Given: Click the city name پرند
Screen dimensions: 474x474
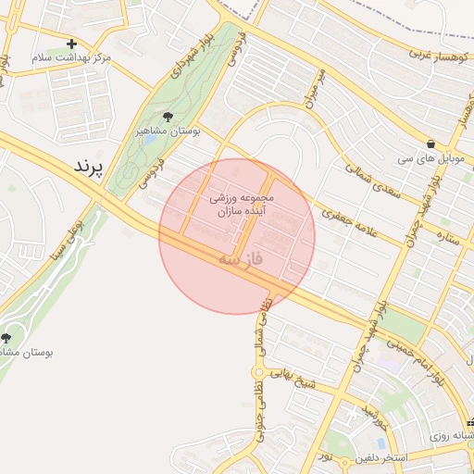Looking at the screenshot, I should pos(90,166).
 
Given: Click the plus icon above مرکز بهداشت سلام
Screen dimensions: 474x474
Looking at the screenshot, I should pos(71,44).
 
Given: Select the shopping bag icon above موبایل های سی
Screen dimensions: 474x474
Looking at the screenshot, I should pos(431,143).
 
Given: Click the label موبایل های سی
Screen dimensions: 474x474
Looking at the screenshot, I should pos(433,158).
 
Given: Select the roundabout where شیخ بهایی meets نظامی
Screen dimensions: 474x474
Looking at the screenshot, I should pos(259,373).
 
